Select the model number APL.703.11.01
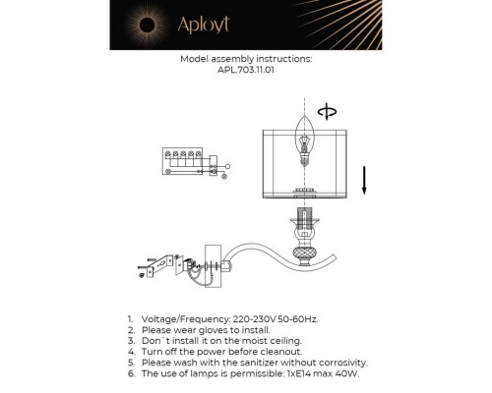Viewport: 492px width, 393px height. (246, 70)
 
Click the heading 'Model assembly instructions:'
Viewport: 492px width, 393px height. (246, 59)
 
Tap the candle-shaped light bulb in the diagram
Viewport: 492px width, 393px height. (304, 141)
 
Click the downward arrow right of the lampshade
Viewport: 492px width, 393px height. (364, 181)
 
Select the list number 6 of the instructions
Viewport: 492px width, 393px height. (130, 373)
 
